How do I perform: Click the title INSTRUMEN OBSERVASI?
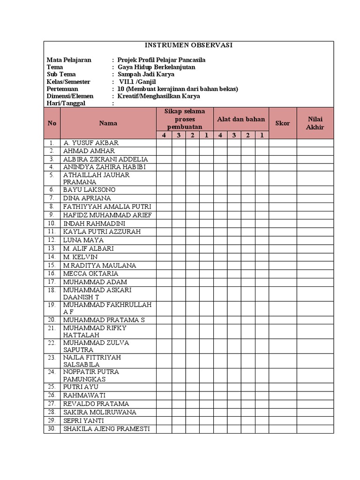(x=188, y=45)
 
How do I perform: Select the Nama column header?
(x=108, y=123)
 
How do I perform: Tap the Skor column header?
(x=282, y=123)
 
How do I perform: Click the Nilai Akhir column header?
(x=315, y=123)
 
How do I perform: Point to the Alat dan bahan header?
(x=241, y=120)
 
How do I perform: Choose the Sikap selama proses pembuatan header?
(x=185, y=120)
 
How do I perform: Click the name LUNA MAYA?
(x=83, y=240)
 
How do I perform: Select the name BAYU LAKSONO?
(x=89, y=190)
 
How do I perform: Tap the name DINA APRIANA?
(x=87, y=198)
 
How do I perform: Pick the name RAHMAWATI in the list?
(x=84, y=395)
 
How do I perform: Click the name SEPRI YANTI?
(x=83, y=420)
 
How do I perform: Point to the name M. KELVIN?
(x=80, y=257)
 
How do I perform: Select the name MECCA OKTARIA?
(x=90, y=274)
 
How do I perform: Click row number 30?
(x=52, y=429)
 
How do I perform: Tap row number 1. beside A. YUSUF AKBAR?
(x=52, y=142)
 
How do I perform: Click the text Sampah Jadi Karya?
(x=146, y=75)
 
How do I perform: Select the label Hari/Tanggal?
(x=66, y=104)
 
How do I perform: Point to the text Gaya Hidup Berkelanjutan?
(x=156, y=67)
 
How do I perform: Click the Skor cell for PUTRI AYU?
(x=282, y=387)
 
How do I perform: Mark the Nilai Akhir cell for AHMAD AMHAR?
(x=315, y=151)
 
